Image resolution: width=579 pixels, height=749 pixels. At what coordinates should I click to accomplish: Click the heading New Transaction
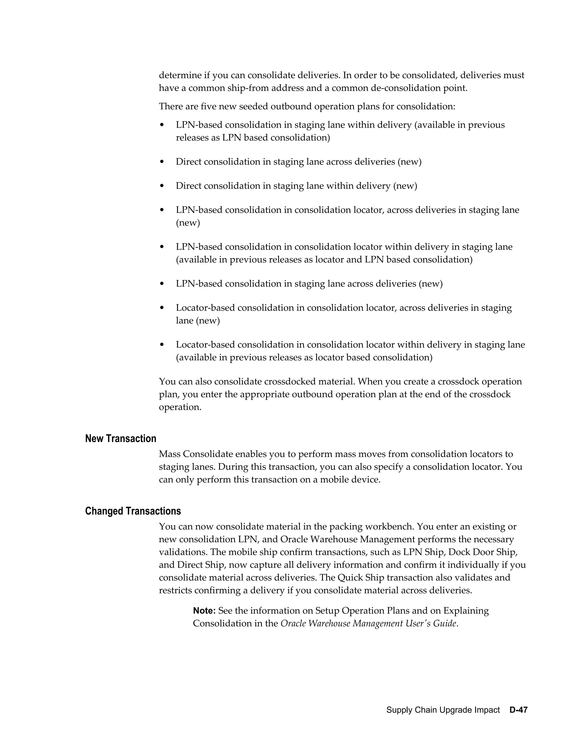pyautogui.click(x=120, y=439)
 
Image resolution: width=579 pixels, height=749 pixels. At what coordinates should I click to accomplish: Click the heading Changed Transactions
pyautogui.click(x=133, y=511)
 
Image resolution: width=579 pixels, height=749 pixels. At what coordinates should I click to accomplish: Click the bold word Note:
pyautogui.click(x=204, y=611)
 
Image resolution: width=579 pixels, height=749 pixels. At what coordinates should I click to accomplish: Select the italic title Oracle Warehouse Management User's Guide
pyautogui.click(x=368, y=624)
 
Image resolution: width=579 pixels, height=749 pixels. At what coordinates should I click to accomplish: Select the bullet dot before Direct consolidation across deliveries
pyautogui.click(x=162, y=162)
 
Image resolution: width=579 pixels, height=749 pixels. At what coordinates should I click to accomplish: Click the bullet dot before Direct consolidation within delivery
pyautogui.click(x=162, y=186)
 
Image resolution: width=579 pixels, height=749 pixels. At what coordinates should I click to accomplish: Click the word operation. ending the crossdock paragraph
pyautogui.click(x=180, y=407)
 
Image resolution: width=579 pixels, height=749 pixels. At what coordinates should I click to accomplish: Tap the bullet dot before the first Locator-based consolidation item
pyautogui.click(x=162, y=308)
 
